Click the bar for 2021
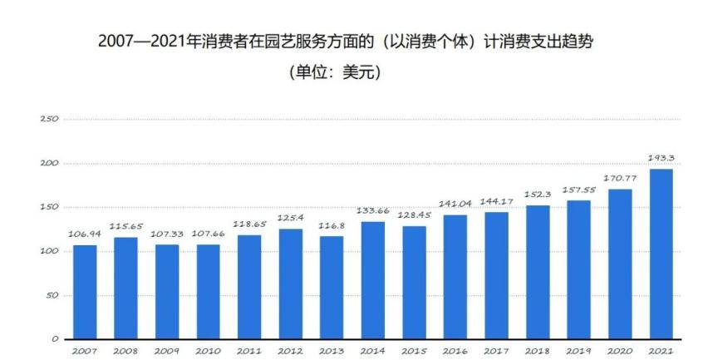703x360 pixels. point(661,254)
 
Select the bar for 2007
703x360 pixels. point(85,292)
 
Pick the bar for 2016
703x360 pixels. point(455,277)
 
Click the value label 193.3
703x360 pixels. point(661,157)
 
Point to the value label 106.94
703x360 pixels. point(85,234)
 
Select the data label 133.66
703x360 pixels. point(372,210)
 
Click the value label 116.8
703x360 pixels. point(332,225)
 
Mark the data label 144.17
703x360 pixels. point(496,200)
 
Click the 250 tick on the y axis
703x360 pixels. point(49,119)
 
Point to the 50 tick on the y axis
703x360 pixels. point(52,295)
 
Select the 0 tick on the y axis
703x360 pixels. point(55,339)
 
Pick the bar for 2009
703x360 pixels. point(167,292)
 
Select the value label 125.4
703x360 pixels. point(290,218)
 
